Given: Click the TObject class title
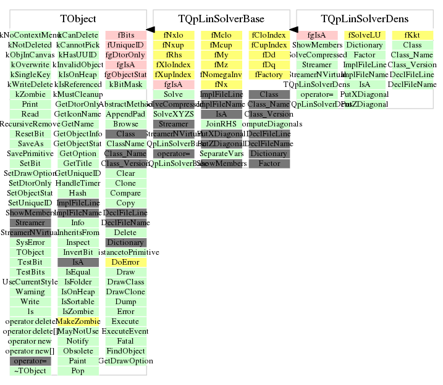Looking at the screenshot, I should click(x=78, y=19).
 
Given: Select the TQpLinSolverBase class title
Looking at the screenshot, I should click(x=221, y=19).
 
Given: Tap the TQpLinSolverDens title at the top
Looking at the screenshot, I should click(x=365, y=19).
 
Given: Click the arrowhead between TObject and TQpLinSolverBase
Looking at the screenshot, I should click(x=150, y=29).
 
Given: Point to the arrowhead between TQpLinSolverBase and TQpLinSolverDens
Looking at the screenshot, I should click(x=293, y=29).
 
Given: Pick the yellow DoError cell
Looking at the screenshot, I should click(x=125, y=262).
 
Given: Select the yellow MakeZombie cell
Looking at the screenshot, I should click(x=78, y=321).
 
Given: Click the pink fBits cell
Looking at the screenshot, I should click(x=125, y=35).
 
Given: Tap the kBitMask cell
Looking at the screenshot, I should click(x=125, y=85).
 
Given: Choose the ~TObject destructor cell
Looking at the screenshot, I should click(x=30, y=371).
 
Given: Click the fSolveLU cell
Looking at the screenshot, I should click(x=365, y=35).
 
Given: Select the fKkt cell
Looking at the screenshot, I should click(x=412, y=35).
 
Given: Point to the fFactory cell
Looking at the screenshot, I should click(x=269, y=75).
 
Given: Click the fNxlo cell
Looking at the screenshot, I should click(x=173, y=35).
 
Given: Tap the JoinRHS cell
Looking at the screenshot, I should click(x=221, y=124).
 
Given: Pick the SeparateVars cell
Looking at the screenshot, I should click(x=221, y=154).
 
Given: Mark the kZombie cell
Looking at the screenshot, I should click(x=30, y=94).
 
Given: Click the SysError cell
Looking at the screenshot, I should click(x=30, y=242).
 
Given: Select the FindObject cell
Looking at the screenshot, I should click(x=125, y=351).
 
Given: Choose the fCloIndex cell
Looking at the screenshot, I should click(x=269, y=35).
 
